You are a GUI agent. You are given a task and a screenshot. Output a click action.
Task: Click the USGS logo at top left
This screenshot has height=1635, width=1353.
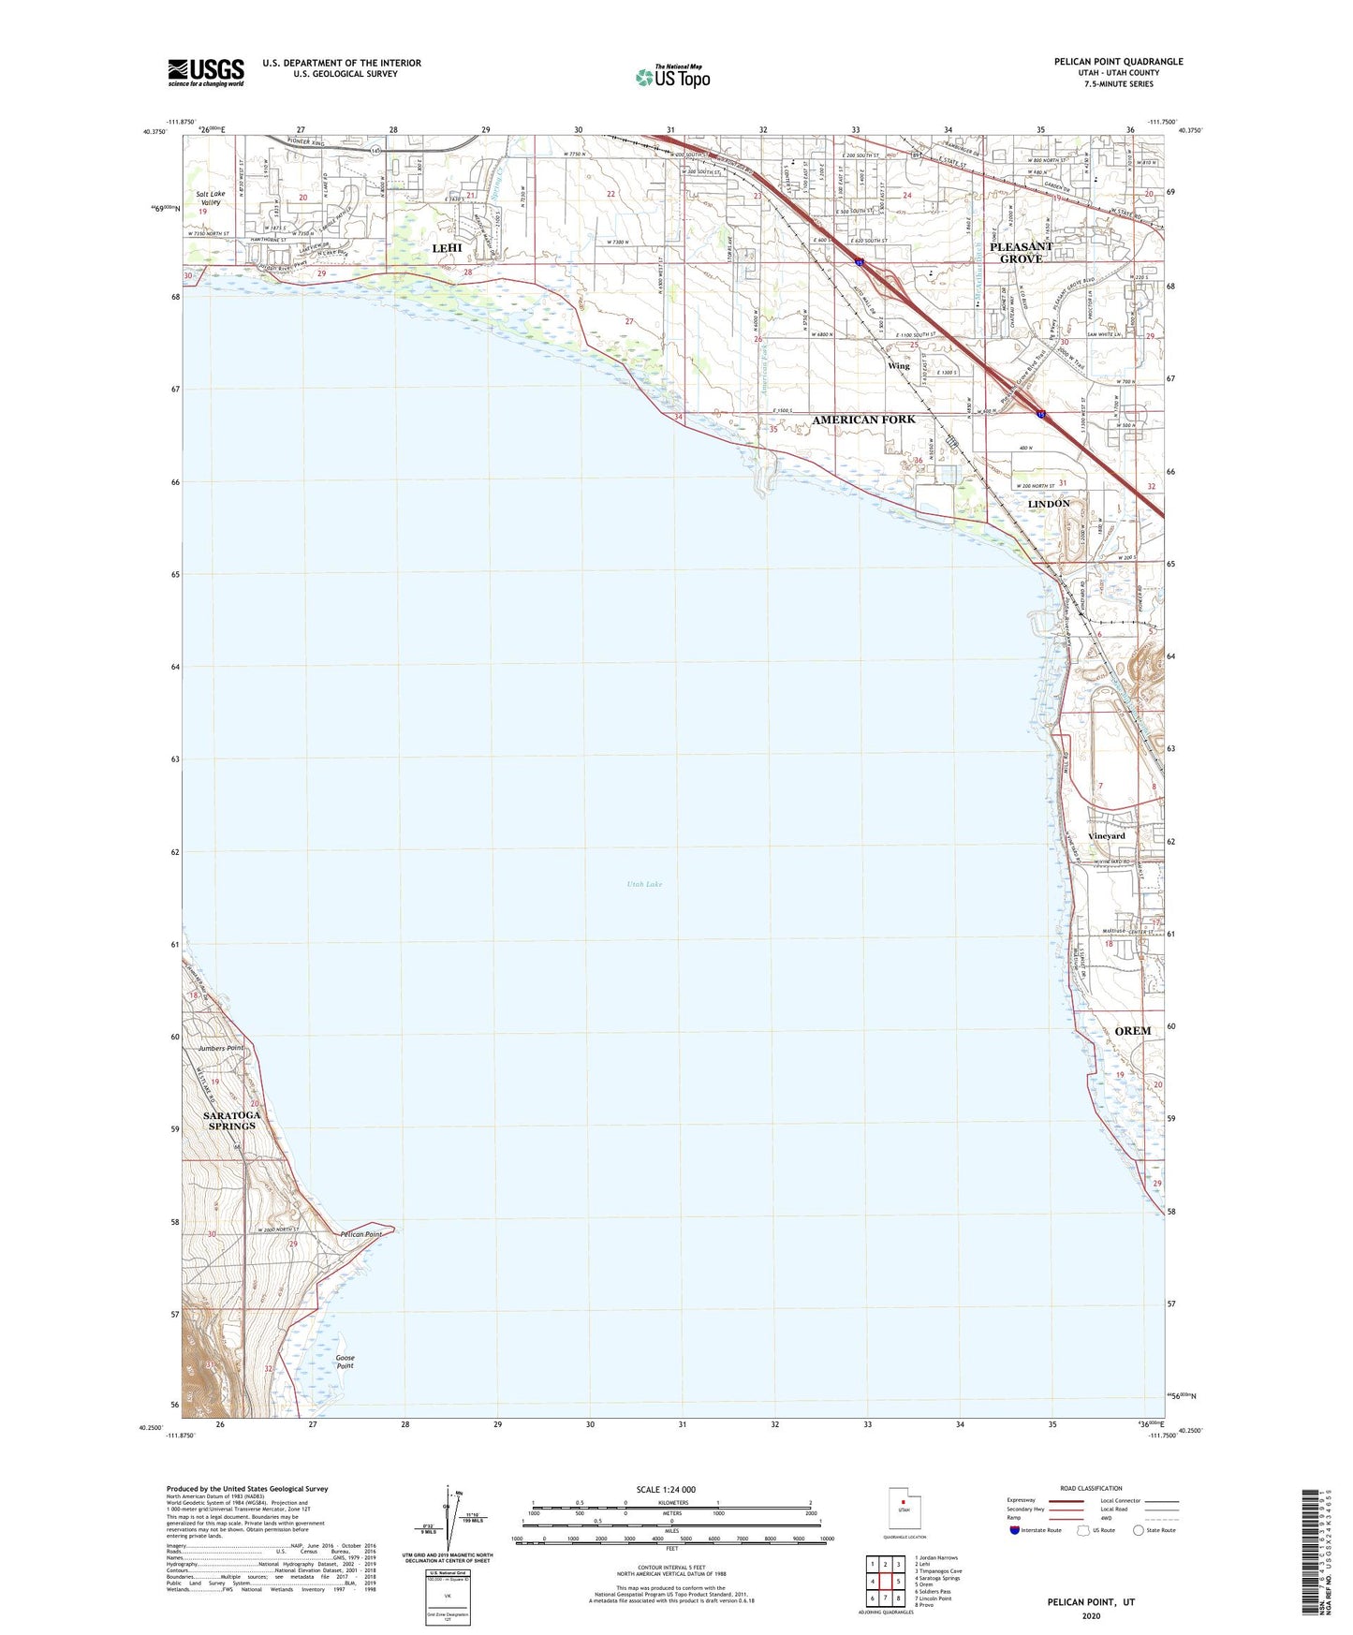click(x=206, y=71)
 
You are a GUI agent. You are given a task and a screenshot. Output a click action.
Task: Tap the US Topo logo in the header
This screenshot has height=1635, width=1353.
click(x=671, y=77)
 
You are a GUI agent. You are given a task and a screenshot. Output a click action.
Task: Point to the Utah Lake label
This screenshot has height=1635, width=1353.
click(x=644, y=884)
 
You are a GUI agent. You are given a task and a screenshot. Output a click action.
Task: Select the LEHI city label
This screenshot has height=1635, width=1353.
click(x=447, y=248)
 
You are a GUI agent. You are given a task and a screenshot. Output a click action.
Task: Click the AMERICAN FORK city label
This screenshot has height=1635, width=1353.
click(x=863, y=420)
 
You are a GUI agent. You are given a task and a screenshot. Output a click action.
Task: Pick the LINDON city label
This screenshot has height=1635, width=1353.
click(x=1048, y=504)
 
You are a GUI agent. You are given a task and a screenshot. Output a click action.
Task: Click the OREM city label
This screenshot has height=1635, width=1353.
click(x=1132, y=1031)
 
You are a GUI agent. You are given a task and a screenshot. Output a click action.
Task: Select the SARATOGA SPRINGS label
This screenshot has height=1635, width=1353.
click(x=231, y=1121)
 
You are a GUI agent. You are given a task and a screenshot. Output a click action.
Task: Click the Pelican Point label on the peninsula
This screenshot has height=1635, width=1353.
click(x=360, y=1235)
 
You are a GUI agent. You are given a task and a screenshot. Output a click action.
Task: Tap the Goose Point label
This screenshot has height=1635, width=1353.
click(x=345, y=1362)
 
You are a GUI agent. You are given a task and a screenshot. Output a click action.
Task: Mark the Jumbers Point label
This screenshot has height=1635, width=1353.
click(x=220, y=1048)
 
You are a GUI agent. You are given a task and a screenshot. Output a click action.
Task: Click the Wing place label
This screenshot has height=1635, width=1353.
click(x=899, y=366)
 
